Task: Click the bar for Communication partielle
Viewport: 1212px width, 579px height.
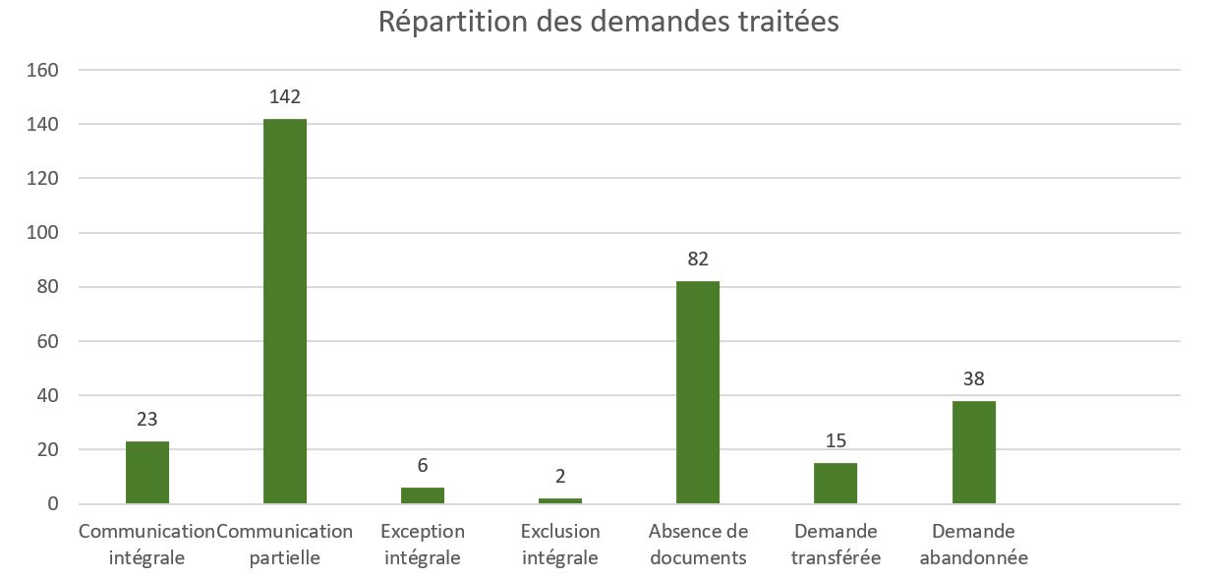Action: [285, 311]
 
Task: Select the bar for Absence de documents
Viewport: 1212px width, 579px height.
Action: [698, 392]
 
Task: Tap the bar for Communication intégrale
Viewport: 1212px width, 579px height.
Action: [147, 472]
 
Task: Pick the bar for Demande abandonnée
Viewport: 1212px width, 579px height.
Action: [973, 452]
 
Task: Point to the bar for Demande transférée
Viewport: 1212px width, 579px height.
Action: [836, 484]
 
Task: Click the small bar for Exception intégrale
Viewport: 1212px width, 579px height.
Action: [423, 495]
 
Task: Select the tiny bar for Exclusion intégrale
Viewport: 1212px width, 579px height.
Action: [560, 500]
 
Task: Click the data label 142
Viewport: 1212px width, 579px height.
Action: [285, 96]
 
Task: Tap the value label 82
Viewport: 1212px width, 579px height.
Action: [698, 260]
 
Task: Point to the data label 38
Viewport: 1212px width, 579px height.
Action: [973, 378]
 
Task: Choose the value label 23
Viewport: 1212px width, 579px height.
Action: [147, 420]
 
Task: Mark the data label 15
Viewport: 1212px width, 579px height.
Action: [836, 440]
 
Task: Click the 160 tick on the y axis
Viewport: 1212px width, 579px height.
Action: [46, 71]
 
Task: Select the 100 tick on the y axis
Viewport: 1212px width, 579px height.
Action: [46, 233]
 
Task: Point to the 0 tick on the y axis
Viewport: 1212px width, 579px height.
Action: [54, 504]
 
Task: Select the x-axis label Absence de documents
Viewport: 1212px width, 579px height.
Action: [698, 545]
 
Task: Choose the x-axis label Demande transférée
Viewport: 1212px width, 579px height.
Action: [836, 545]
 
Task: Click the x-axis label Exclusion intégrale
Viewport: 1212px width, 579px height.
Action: [560, 545]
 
